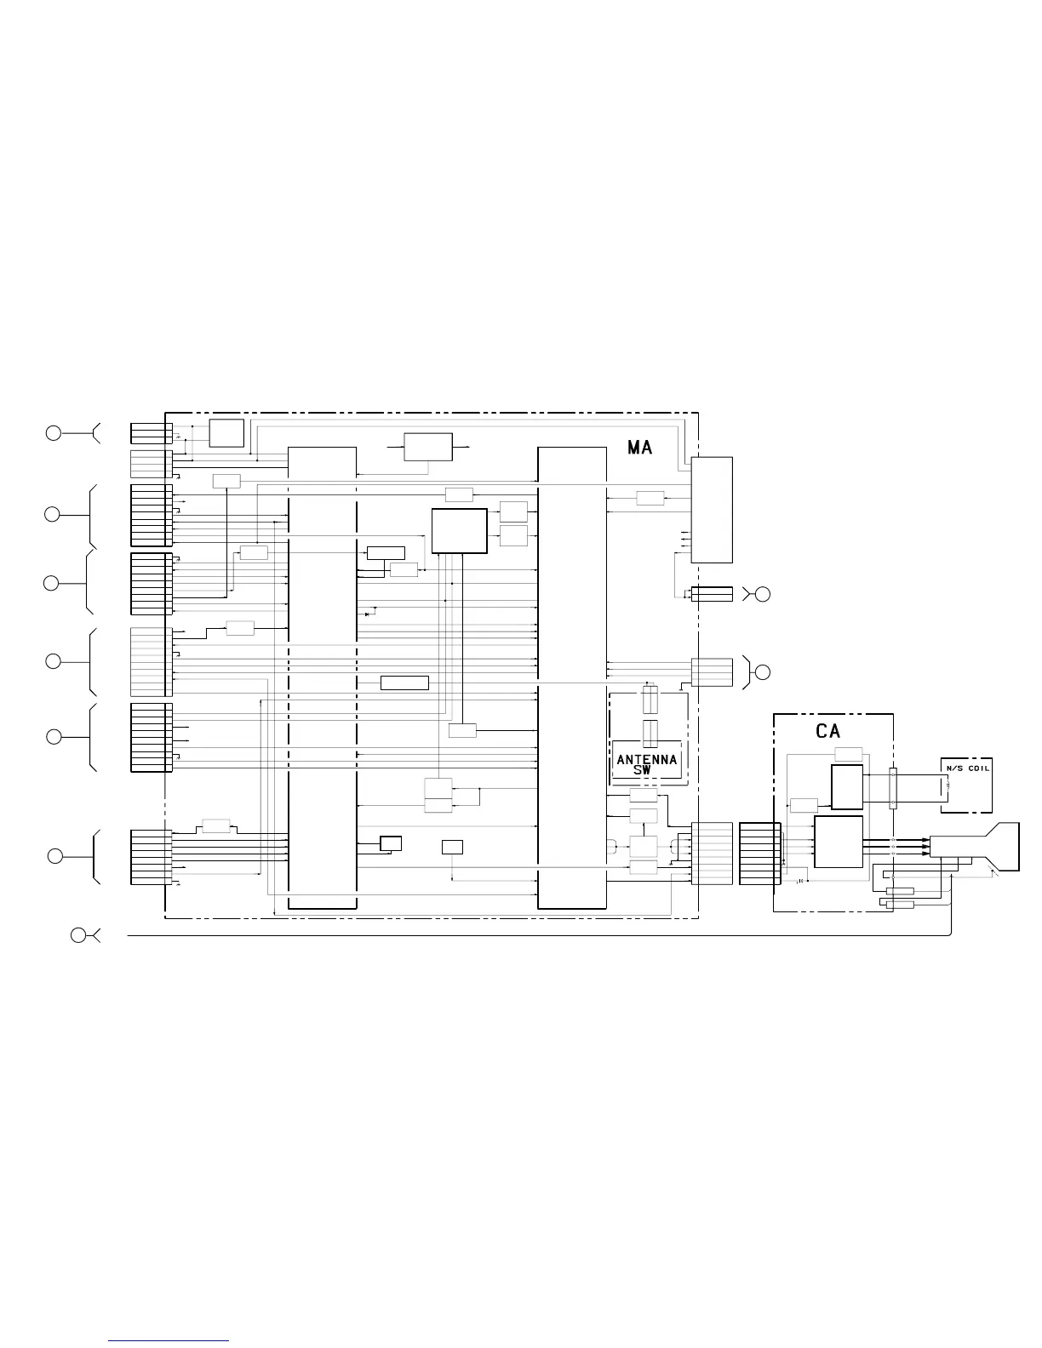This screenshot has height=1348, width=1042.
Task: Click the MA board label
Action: pos(639,448)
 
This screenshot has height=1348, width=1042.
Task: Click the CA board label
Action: pos(827,731)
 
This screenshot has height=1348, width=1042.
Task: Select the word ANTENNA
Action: pos(647,760)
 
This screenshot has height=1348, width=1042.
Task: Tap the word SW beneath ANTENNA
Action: pos(643,770)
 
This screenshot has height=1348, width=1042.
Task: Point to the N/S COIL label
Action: pos(968,768)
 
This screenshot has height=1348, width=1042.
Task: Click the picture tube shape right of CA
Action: pos(975,847)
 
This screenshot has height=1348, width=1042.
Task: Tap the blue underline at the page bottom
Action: pos(169,1341)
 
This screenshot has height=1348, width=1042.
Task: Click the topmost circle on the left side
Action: pos(54,433)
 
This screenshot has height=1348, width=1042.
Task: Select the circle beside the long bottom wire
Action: pos(78,935)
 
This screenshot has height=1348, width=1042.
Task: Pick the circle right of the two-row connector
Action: pos(763,594)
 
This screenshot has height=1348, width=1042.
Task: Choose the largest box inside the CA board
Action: pos(839,842)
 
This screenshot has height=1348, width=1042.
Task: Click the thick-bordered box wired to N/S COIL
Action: pos(847,787)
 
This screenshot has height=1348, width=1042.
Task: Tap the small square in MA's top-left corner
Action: pos(226,433)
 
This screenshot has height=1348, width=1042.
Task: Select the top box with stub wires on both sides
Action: pos(428,448)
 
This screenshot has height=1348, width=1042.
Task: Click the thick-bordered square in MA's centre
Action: pos(459,531)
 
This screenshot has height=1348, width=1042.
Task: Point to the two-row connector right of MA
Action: pos(712,594)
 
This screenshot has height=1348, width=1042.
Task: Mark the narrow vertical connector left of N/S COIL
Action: pos(893,788)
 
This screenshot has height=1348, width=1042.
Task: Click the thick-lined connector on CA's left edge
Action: pos(759,854)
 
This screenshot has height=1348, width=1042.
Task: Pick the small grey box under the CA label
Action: pos(849,754)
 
